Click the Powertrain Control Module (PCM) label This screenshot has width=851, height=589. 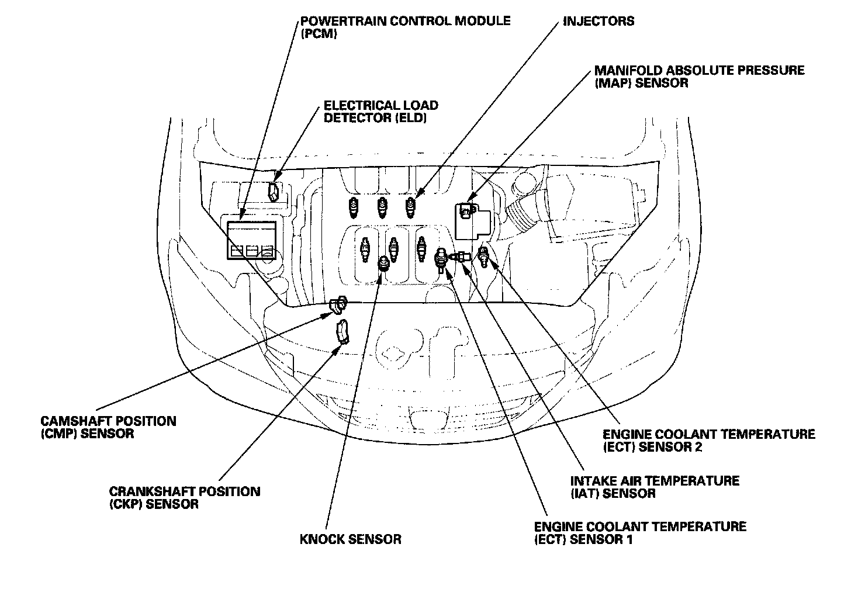[x=406, y=27]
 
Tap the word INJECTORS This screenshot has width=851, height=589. [x=599, y=21]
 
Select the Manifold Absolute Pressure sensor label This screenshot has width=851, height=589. [x=700, y=77]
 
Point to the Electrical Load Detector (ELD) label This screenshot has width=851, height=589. [x=380, y=111]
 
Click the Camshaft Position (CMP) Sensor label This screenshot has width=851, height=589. [x=108, y=427]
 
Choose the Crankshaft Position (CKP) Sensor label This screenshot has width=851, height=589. [x=185, y=497]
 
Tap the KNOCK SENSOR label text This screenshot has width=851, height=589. [x=350, y=539]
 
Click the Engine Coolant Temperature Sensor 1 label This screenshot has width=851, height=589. [x=640, y=533]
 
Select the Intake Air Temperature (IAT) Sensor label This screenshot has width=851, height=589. [x=655, y=487]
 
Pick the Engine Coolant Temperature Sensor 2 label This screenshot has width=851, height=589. [x=709, y=440]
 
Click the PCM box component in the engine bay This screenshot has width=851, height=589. [x=251, y=240]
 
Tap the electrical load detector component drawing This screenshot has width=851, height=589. [x=274, y=192]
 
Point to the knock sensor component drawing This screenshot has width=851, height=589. [x=384, y=263]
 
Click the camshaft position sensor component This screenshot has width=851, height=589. [x=338, y=304]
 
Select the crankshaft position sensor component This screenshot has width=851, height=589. [x=343, y=332]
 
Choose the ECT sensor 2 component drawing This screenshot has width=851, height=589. [x=483, y=256]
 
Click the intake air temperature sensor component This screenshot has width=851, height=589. [x=460, y=257]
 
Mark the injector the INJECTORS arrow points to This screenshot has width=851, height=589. [x=410, y=207]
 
